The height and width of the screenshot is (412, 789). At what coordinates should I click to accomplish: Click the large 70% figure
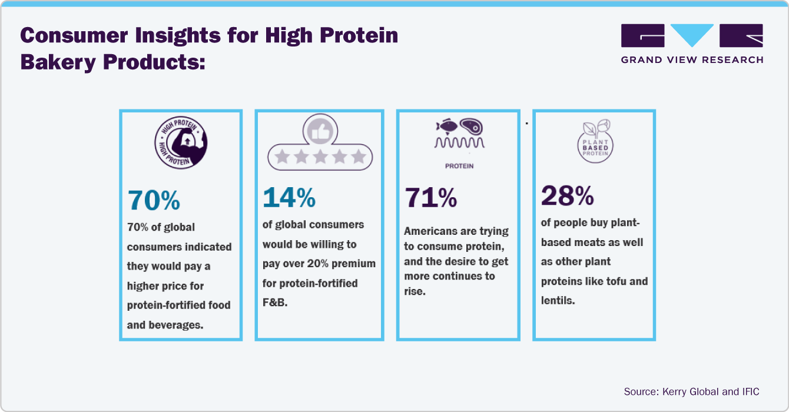[154, 201]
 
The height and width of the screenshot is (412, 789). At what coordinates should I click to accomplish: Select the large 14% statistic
[289, 198]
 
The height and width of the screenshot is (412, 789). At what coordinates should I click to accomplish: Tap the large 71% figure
[430, 198]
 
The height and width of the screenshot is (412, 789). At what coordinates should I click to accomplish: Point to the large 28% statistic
[567, 196]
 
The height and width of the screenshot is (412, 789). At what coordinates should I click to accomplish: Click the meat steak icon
[471, 125]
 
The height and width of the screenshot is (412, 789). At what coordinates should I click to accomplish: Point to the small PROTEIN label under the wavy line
[459, 166]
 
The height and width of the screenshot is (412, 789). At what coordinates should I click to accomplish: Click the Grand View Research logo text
[692, 59]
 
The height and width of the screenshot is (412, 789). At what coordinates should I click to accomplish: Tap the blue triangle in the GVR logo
[692, 36]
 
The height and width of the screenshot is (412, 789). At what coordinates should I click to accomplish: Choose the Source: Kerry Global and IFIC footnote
[691, 391]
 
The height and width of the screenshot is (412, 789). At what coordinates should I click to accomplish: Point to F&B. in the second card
[275, 303]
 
